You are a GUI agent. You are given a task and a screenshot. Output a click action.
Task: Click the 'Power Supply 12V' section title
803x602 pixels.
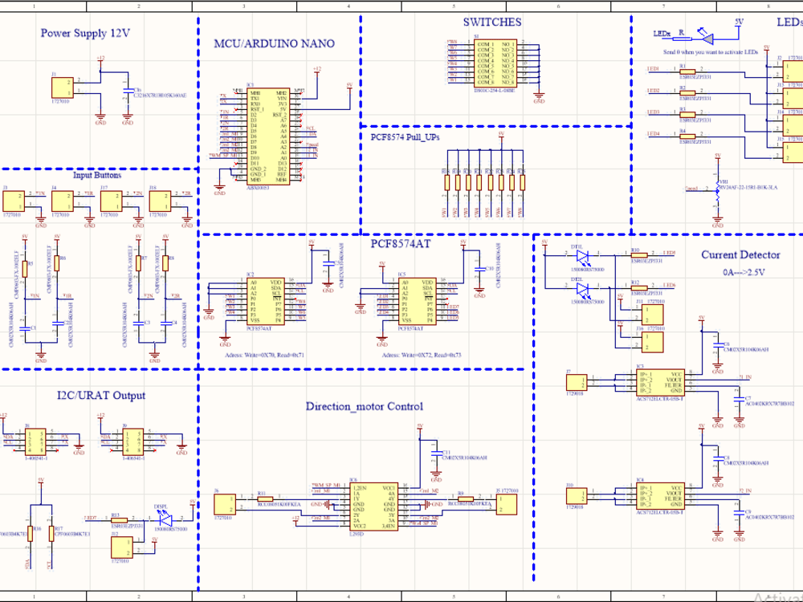click(85, 34)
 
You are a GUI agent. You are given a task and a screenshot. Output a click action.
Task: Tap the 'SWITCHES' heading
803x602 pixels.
click(491, 22)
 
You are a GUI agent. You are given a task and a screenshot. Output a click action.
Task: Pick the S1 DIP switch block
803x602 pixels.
click(495, 63)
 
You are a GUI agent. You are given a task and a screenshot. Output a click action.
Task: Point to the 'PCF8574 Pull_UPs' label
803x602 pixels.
click(405, 137)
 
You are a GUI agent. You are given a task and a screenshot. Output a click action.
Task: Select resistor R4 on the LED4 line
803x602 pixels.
click(688, 137)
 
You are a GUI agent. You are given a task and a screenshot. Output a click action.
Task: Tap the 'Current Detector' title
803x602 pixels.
click(740, 255)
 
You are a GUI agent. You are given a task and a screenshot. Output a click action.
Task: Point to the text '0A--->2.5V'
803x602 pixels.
click(744, 272)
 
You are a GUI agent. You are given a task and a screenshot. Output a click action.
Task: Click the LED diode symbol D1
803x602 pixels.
click(583, 256)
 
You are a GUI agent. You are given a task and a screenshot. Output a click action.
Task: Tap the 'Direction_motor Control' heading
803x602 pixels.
click(364, 407)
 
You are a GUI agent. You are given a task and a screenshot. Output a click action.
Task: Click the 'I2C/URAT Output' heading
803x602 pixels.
click(101, 396)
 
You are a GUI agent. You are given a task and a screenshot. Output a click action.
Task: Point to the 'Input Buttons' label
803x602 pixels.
click(97, 175)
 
